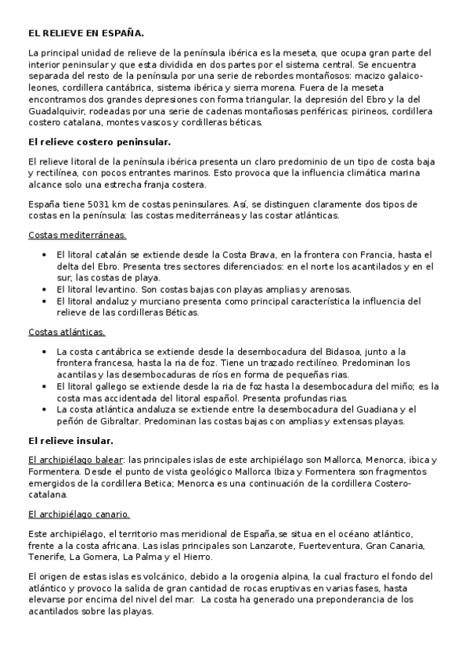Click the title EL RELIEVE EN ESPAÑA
click(86, 34)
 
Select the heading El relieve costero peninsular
click(99, 142)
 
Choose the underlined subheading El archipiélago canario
click(79, 514)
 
